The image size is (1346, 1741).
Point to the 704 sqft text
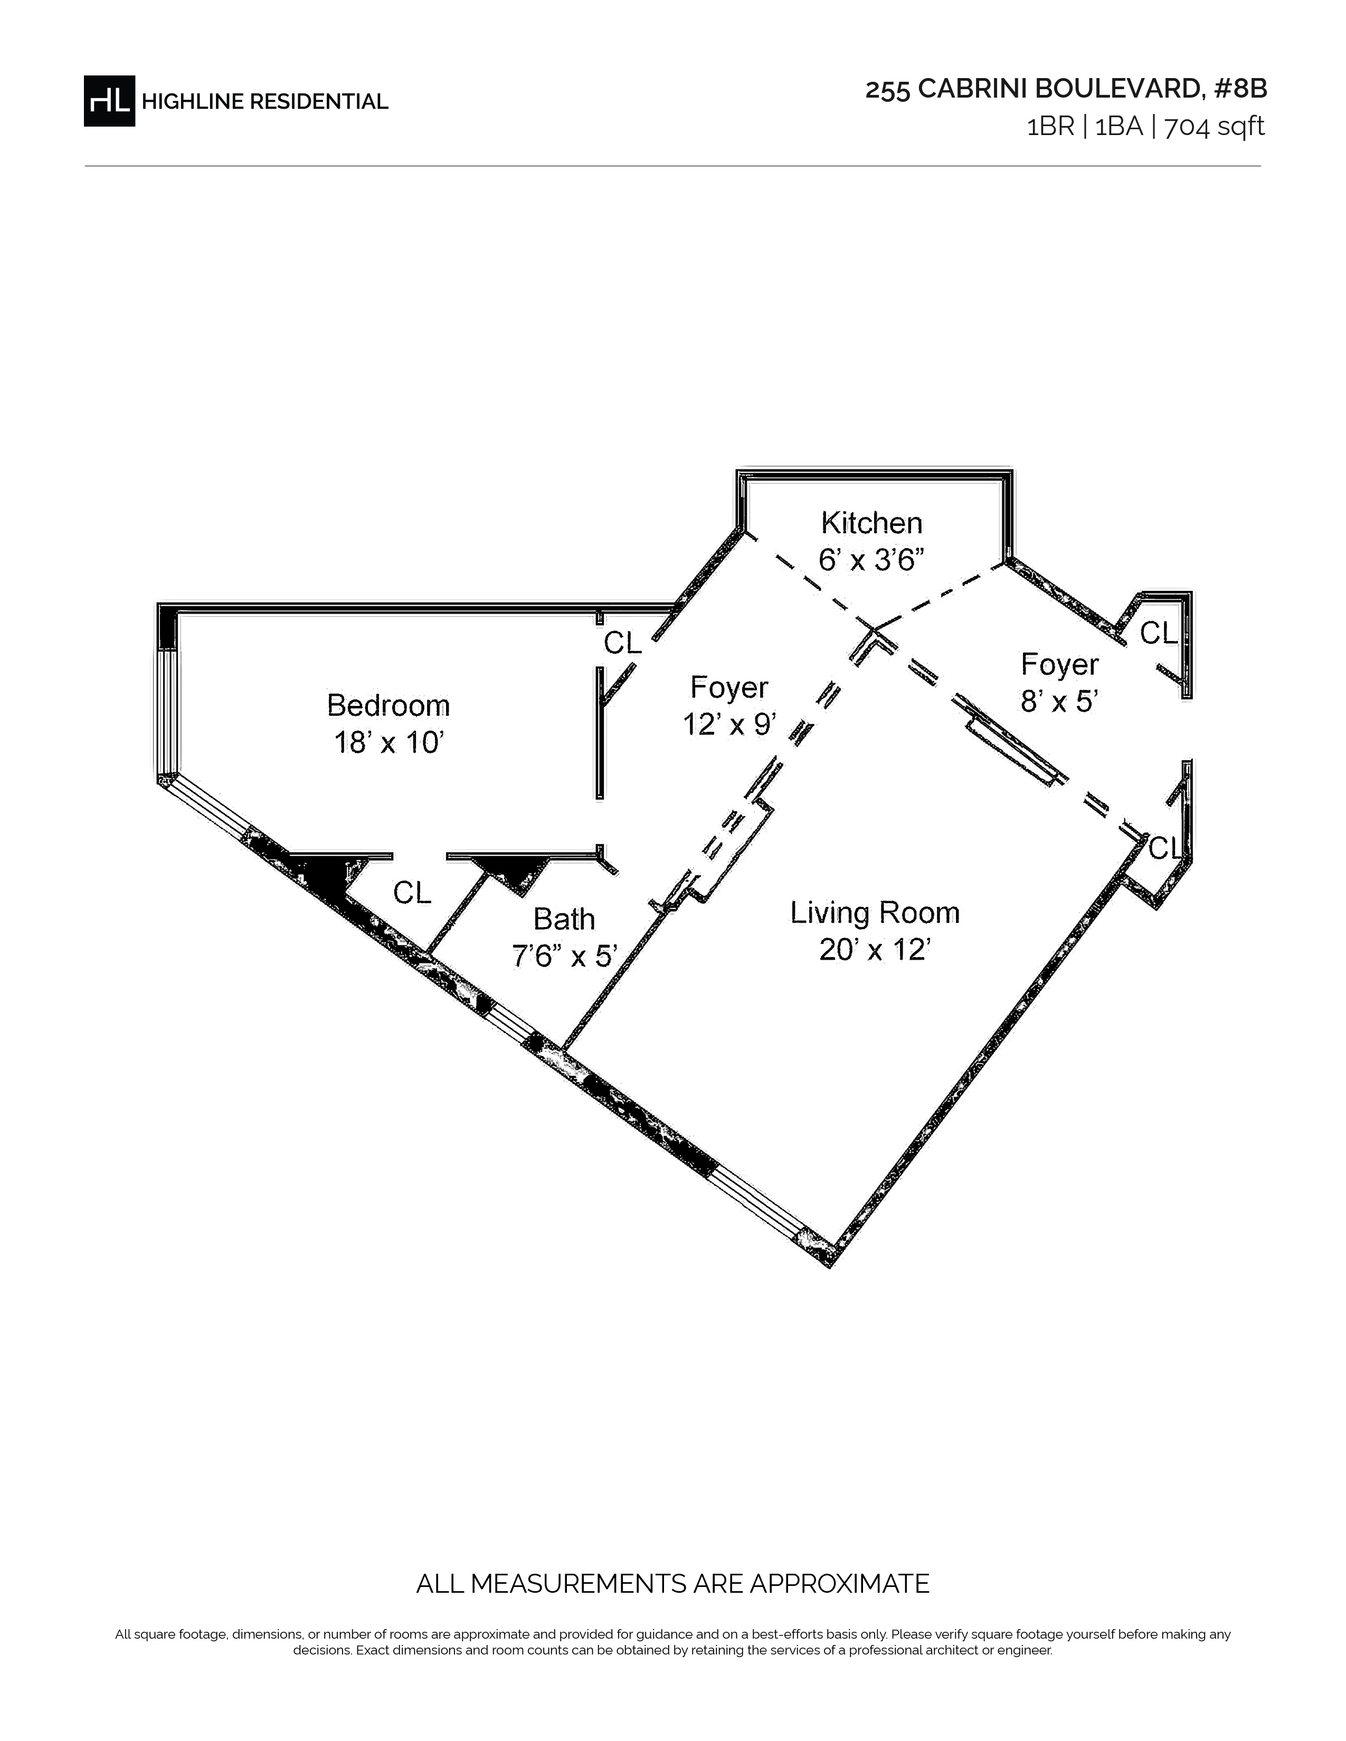click(1215, 127)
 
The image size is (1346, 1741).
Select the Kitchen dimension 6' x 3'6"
click(871, 560)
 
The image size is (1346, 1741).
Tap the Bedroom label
click(388, 705)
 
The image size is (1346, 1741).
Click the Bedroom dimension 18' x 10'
click(388, 742)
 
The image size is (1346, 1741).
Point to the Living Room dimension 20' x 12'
click(875, 950)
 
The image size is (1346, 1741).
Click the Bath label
click(564, 919)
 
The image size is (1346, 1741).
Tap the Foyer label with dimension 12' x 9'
click(729, 687)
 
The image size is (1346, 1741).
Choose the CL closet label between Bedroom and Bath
click(412, 893)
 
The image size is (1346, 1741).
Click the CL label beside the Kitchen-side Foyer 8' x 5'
click(1159, 633)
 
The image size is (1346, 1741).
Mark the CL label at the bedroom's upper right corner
click(622, 643)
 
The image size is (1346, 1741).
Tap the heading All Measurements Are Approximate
click(672, 1584)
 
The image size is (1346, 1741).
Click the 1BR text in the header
click(1051, 127)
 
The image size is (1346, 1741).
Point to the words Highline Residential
click(265, 102)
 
